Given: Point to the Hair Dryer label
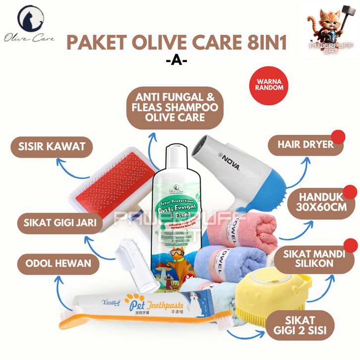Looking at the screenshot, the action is [305, 146].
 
